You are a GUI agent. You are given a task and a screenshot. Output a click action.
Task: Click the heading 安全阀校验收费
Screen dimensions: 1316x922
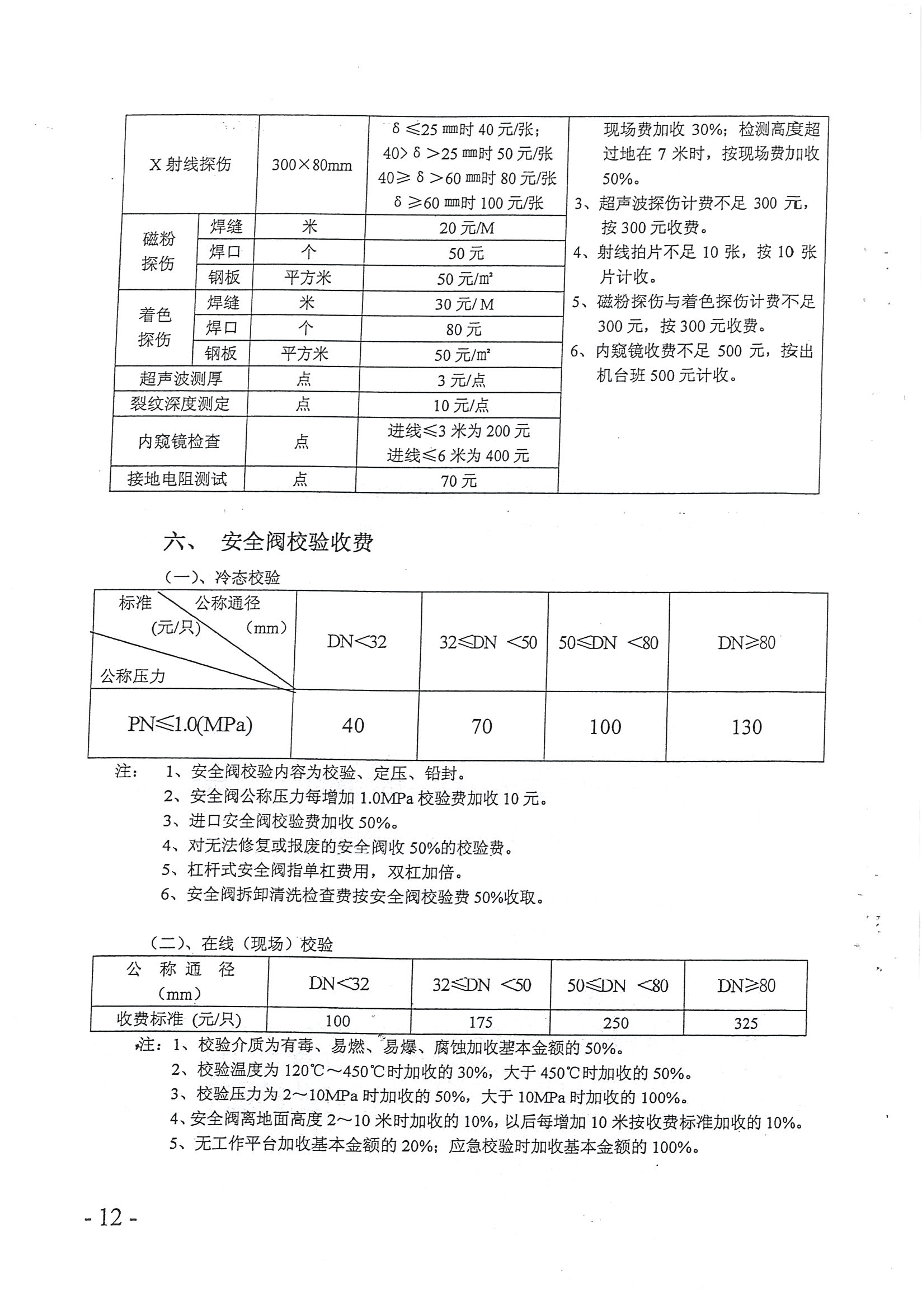297,542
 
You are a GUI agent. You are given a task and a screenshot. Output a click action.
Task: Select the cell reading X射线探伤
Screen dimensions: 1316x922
190,164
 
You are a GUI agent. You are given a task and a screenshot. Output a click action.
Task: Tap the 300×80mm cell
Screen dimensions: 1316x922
312,165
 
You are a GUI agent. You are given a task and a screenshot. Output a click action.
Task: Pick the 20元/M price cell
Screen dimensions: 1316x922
467,228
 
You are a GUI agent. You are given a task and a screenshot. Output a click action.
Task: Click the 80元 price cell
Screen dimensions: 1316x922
464,330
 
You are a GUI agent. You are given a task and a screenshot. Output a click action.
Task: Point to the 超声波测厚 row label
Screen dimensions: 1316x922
181,379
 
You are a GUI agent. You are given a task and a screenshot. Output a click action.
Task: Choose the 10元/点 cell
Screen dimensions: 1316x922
460,405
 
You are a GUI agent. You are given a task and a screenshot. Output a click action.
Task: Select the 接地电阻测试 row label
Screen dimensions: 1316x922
177,478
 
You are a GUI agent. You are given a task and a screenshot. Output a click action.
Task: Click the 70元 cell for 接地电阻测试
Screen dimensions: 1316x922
458,481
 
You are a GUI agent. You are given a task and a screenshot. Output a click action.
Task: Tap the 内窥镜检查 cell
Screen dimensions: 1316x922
179,441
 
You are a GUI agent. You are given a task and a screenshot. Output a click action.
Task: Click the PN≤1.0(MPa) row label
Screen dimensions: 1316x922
190,725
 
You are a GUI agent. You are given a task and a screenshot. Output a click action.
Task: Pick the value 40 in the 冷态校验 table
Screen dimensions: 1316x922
353,726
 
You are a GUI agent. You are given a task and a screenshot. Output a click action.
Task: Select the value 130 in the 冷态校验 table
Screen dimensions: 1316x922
746,727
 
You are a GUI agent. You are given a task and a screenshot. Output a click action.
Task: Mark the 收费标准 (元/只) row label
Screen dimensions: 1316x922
179,1019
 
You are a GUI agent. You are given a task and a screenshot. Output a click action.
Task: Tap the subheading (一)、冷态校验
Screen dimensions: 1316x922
222,577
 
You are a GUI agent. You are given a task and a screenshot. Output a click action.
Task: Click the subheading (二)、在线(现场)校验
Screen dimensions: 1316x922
241,944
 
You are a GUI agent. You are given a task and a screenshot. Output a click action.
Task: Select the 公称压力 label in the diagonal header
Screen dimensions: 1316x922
133,676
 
